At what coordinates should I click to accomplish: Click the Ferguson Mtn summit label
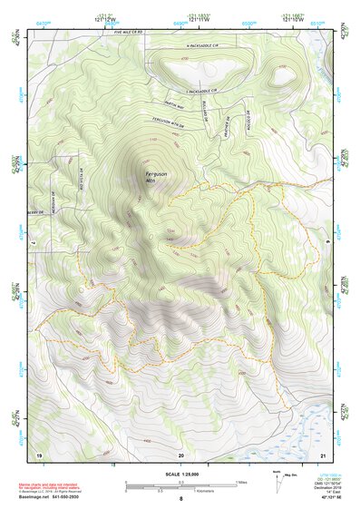click(155, 177)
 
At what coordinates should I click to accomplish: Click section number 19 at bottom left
click(38, 453)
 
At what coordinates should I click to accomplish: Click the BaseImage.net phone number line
click(50, 497)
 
